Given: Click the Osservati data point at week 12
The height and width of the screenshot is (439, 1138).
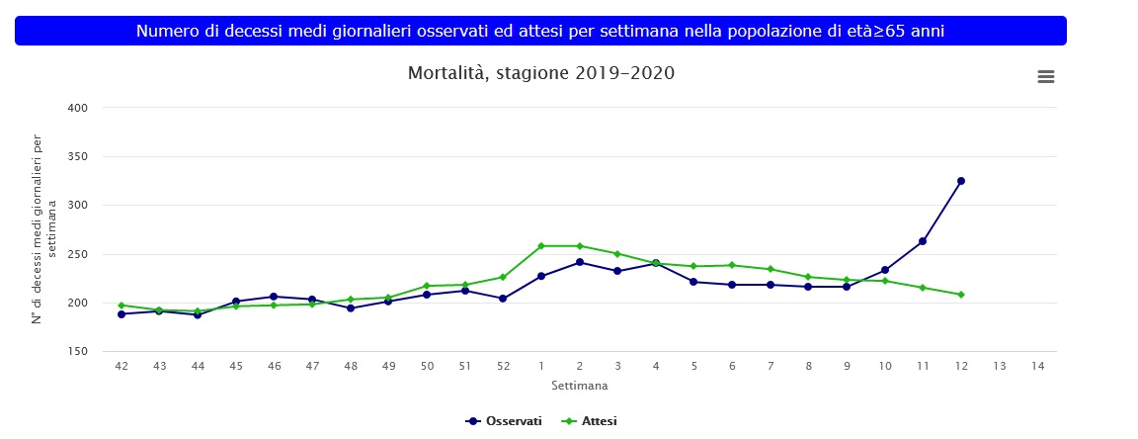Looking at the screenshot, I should (960, 181).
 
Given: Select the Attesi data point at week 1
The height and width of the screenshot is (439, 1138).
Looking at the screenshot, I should (541, 245).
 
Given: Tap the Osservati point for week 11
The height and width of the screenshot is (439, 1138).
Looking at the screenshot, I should (922, 241).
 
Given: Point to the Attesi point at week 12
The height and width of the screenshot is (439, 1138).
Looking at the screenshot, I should (960, 295).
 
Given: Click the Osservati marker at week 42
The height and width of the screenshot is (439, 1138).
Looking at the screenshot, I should (122, 314).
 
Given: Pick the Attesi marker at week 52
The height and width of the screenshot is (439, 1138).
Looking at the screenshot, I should (503, 277).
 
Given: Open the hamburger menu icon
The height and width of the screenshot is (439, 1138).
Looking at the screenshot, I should (1046, 76).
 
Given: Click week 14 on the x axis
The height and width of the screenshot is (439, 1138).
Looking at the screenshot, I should (1036, 367).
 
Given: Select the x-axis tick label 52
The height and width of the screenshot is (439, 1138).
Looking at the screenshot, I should (503, 367).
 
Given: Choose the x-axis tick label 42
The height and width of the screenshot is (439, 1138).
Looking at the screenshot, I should (122, 367).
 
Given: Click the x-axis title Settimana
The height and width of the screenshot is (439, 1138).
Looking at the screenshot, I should (579, 385).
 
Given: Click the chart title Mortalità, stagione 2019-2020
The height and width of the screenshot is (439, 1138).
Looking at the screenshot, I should (540, 73).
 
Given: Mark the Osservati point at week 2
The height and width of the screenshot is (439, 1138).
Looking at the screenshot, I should (580, 262).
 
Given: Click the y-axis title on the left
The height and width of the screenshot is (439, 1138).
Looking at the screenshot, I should (44, 229).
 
